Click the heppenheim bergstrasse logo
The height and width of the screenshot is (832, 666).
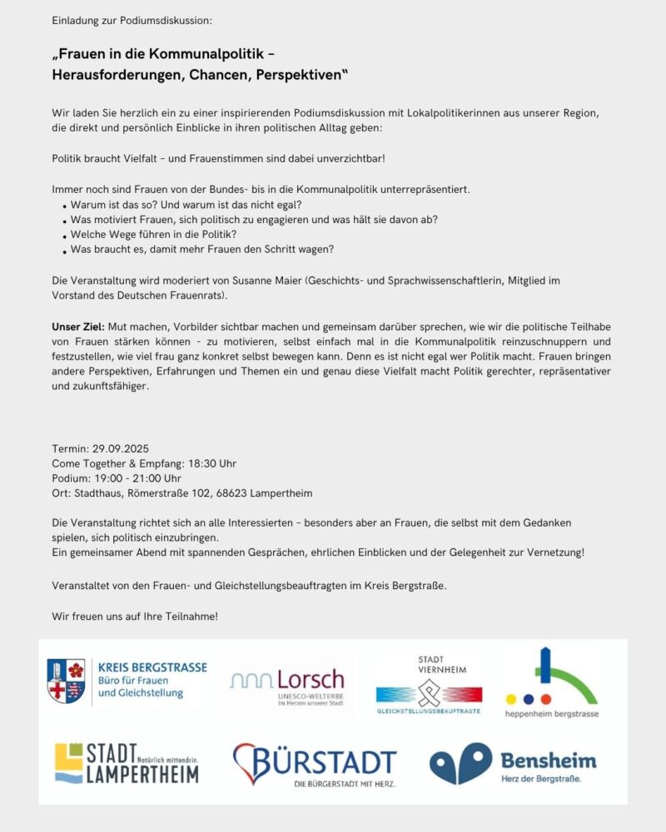tap(551, 683)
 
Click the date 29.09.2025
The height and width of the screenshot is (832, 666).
tap(121, 448)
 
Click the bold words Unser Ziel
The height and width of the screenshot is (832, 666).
tap(77, 327)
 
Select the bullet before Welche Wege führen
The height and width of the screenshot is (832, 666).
tap(64, 235)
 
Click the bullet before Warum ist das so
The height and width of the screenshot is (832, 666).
tap(64, 206)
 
